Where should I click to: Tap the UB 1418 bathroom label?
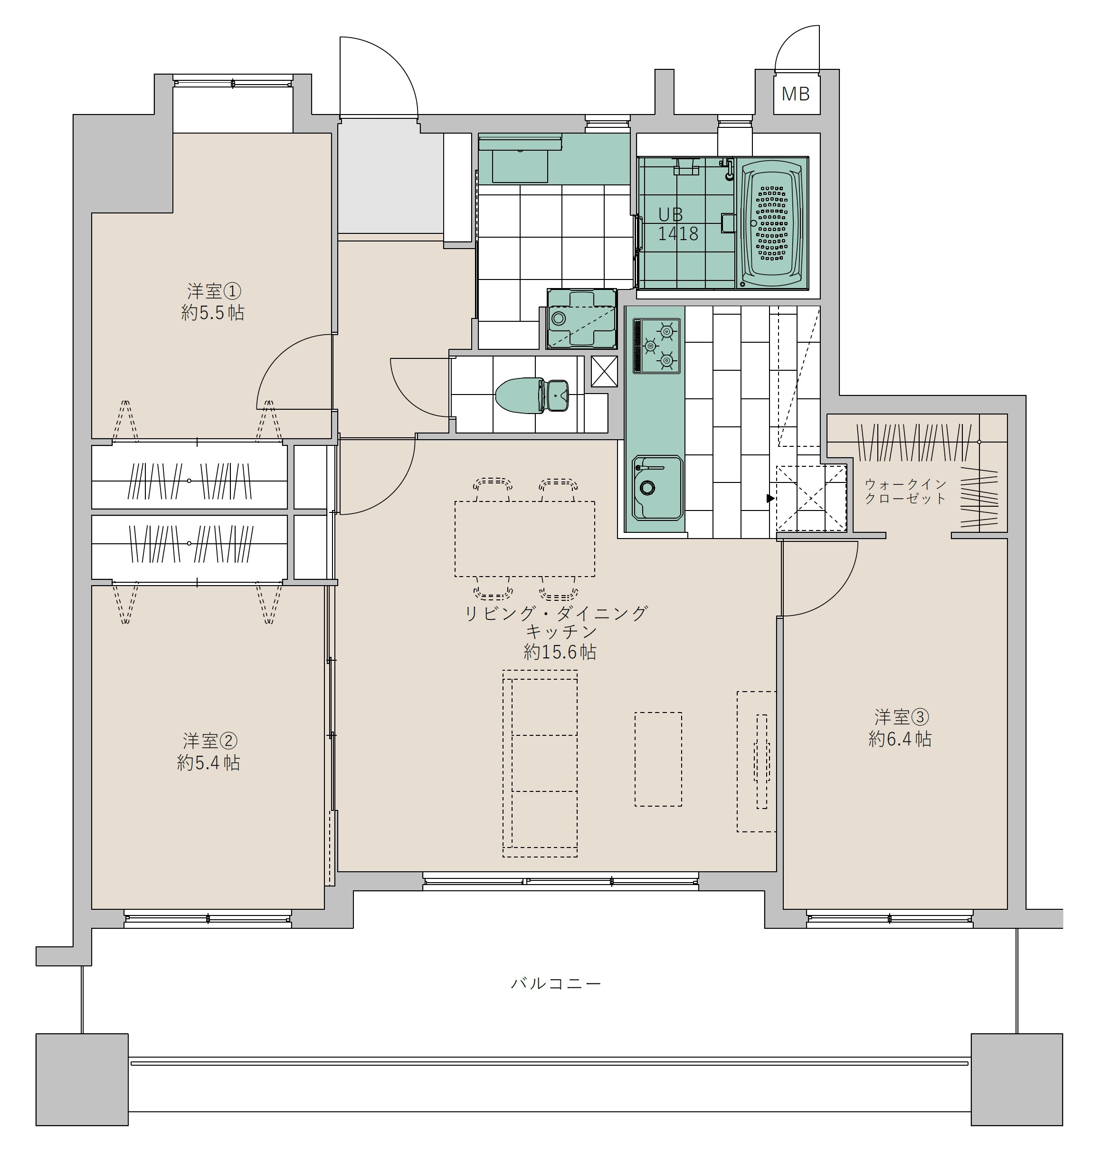pos(677,224)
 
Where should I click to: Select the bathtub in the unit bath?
pos(772,224)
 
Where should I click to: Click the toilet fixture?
pos(532,395)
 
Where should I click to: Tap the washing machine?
pos(581,318)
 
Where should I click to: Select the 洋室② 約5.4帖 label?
pos(209,751)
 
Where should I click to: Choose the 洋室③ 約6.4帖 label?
pos(900,728)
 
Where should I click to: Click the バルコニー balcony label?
pos(556,983)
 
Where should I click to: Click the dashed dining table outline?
pos(524,539)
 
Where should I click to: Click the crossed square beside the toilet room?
pos(604,371)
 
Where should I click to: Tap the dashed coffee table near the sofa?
pos(658,759)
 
